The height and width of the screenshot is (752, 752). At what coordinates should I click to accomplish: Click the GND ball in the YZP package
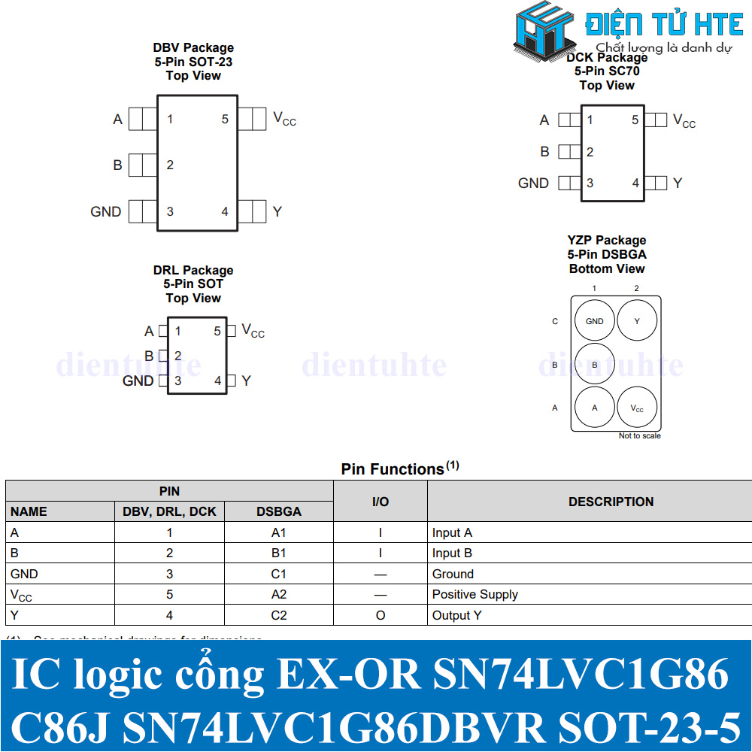click(594, 321)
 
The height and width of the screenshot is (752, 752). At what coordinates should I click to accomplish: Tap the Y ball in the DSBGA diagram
click(637, 321)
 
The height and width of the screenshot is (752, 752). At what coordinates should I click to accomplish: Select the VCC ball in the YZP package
click(637, 408)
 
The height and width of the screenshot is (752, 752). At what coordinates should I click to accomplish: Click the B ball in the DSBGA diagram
click(594, 365)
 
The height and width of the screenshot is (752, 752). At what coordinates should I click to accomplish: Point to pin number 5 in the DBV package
click(224, 119)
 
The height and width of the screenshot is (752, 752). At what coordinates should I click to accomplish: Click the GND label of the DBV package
click(105, 211)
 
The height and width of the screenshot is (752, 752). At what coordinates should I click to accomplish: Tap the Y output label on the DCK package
click(678, 183)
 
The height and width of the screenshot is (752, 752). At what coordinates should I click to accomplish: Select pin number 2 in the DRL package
click(178, 356)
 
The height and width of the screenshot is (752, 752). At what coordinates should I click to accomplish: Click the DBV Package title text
click(193, 48)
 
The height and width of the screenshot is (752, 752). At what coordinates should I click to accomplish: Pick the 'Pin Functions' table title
click(393, 469)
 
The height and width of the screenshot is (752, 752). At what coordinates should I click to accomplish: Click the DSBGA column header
click(278, 511)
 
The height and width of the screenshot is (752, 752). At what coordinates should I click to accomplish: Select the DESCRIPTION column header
click(611, 502)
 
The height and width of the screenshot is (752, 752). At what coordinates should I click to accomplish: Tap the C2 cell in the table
click(278, 615)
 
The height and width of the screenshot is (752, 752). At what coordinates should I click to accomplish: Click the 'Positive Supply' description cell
click(475, 594)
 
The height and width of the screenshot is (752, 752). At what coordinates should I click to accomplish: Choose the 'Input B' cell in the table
click(452, 553)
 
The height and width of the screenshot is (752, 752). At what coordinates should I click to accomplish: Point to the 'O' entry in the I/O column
click(381, 615)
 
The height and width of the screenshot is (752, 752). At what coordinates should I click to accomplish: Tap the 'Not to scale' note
click(639, 436)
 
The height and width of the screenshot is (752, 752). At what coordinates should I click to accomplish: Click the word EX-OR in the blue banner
click(348, 675)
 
